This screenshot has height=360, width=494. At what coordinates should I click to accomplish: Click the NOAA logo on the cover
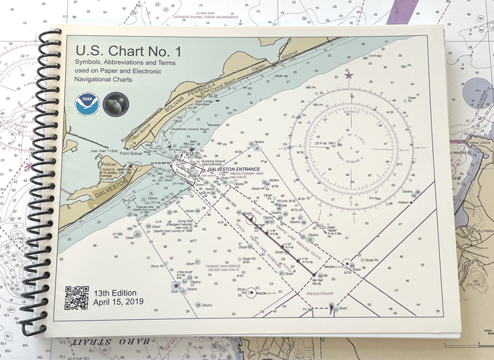pyautogui.click(x=87, y=105)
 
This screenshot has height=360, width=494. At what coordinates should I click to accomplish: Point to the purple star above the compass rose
pyautogui.click(x=349, y=75)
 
